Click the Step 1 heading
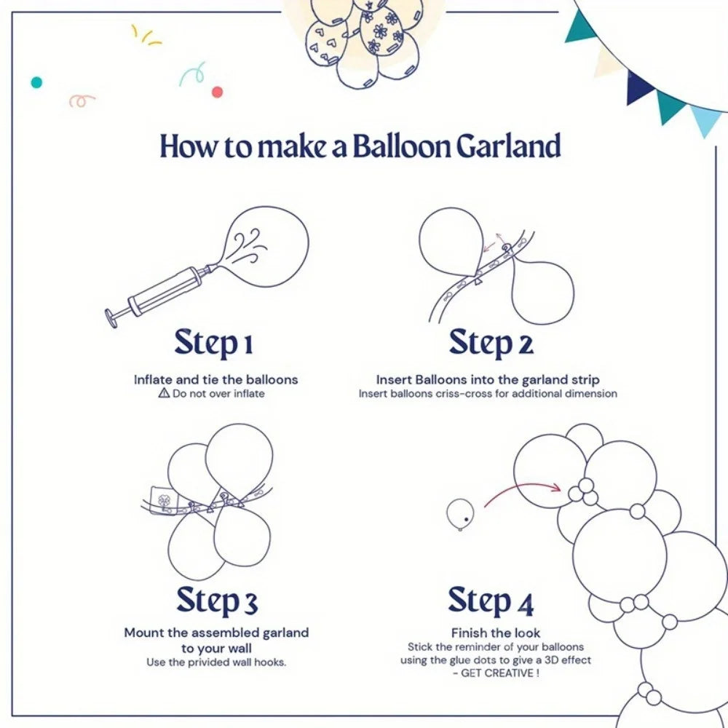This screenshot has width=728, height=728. [213, 343]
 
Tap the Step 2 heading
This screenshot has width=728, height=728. [491, 343]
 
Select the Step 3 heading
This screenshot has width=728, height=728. [216, 601]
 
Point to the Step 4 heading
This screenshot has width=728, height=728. [491, 601]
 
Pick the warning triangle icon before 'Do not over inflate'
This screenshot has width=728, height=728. [163, 393]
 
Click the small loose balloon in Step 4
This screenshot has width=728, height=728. [461, 513]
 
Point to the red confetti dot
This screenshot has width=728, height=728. [217, 92]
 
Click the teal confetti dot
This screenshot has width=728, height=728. [36, 82]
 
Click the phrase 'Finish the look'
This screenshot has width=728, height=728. [496, 633]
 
